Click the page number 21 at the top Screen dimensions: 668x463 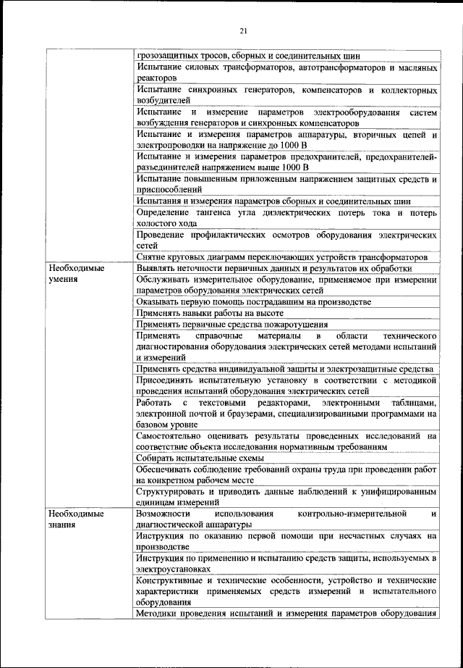point(243,30)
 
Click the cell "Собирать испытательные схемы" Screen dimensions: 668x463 point(199,458)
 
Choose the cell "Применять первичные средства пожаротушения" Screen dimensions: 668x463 point(231,325)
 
